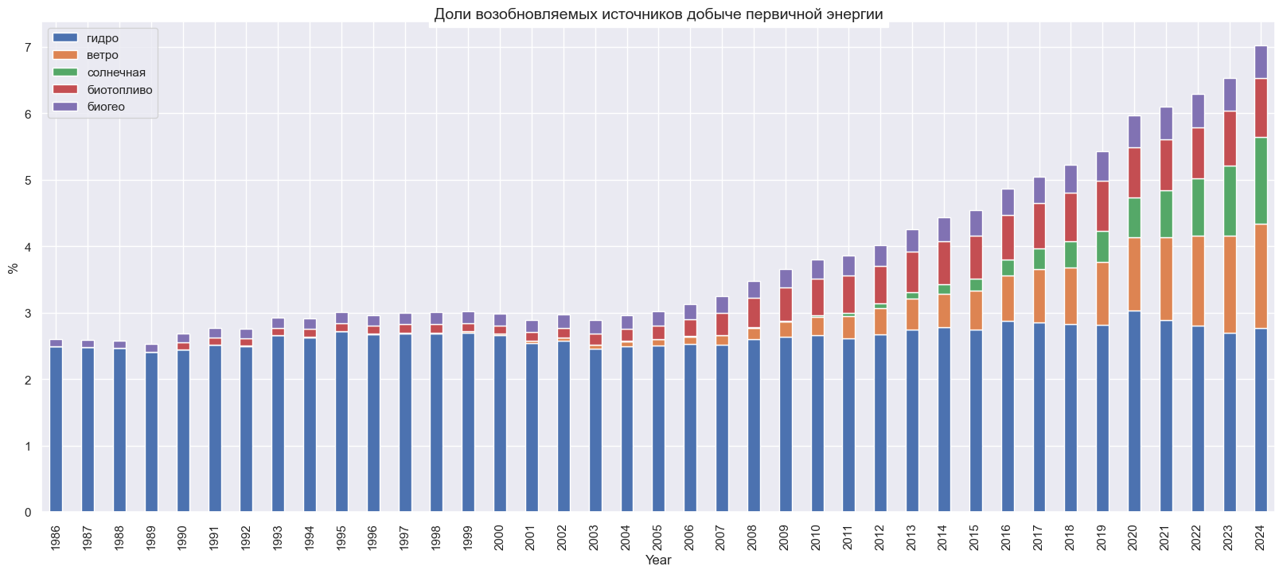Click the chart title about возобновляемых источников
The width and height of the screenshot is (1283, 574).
(658, 14)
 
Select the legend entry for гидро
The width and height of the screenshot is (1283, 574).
(103, 38)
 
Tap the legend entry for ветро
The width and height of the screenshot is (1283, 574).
(103, 55)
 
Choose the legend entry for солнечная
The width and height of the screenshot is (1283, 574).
(116, 72)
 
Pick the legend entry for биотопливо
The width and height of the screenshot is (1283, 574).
(119, 90)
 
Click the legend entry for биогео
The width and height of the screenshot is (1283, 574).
(106, 107)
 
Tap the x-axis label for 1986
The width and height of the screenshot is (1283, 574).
(56, 537)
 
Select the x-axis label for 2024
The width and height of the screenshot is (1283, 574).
(1261, 537)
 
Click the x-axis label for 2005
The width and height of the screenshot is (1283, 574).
(658, 537)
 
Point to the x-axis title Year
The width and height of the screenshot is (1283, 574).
(658, 560)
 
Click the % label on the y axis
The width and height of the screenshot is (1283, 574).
(13, 267)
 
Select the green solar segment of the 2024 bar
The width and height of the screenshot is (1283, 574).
(1261, 181)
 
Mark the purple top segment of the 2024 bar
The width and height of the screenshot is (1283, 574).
(1261, 62)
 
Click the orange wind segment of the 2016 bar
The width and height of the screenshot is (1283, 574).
(1008, 299)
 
